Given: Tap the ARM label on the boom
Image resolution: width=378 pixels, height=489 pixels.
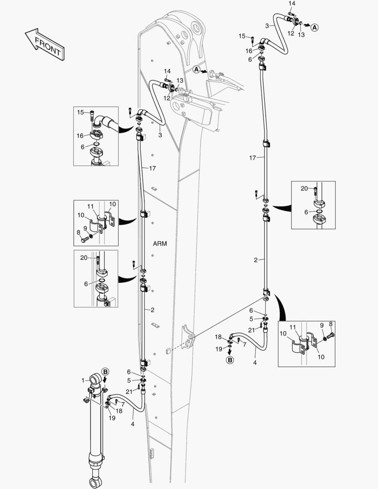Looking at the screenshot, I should [159, 244].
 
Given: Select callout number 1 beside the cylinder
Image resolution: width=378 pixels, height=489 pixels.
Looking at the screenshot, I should [83, 381].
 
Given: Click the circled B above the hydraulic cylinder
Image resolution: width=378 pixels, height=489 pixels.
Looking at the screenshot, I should [105, 371].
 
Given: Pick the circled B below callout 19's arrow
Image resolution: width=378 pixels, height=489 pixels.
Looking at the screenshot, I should [230, 360].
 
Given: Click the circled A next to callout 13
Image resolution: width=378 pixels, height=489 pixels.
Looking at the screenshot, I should [315, 27].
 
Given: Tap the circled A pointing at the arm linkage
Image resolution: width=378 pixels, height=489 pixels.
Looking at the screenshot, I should [196, 69].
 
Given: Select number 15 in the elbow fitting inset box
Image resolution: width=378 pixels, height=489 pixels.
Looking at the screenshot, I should [80, 112].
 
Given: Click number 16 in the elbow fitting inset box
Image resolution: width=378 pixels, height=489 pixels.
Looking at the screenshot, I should [80, 135].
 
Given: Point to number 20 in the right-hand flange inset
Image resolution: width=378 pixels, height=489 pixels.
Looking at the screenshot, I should [304, 188].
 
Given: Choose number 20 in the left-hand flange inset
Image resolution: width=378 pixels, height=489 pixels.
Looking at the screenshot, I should [83, 258].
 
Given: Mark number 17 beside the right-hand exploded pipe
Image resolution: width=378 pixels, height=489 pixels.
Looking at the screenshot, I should [253, 158].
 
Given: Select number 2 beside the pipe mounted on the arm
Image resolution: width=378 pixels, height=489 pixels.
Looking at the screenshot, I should [153, 310].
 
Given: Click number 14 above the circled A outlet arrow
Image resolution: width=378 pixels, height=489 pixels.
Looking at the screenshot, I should [292, 3].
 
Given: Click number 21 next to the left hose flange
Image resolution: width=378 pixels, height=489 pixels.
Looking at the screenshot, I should [129, 391].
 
